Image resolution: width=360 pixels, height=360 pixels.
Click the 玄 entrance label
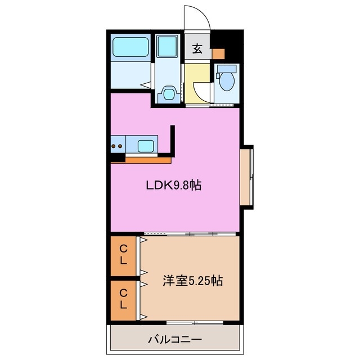[x=197, y=48]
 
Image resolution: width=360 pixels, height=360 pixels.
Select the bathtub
[x=130, y=47]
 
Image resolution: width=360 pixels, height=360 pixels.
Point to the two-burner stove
[x=118, y=146]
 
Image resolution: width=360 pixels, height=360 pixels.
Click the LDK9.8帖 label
[x=174, y=184]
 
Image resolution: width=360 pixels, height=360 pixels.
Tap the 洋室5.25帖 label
[x=193, y=280]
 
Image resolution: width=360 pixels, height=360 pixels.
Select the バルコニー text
[x=175, y=339]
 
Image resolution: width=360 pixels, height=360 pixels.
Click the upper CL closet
[x=123, y=255]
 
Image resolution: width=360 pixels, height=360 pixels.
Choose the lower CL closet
[x=123, y=299]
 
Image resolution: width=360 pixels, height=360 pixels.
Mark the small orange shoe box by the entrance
[x=218, y=54]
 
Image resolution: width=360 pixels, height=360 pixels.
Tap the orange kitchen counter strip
[x=148, y=160]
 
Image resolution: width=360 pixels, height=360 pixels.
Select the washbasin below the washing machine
[x=167, y=93]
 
